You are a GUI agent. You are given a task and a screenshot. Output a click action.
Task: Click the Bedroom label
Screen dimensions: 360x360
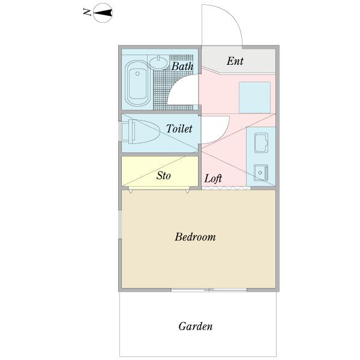(195, 237)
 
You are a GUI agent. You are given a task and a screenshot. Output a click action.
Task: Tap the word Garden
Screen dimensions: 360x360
(196, 326)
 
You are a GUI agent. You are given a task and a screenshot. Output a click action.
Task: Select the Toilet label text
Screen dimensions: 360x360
(179, 128)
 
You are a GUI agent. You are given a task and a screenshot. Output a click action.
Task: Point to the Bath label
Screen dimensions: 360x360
(182, 67)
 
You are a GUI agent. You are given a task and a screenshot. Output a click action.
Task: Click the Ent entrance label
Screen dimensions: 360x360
(235, 61)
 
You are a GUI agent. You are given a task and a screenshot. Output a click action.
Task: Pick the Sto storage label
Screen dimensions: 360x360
(164, 176)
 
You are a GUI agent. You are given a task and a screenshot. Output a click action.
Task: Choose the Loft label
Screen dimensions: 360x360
(213, 179)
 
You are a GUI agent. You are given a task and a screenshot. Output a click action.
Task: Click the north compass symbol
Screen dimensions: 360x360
(103, 13)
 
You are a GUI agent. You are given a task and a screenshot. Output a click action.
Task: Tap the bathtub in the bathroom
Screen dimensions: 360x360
(138, 83)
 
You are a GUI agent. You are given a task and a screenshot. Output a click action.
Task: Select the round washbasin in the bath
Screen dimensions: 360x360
(158, 62)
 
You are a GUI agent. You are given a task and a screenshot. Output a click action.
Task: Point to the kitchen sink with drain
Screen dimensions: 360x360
(261, 173)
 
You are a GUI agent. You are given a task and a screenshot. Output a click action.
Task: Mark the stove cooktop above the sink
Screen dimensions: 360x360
(261, 143)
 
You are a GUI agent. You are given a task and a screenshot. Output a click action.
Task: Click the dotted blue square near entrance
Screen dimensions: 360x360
(254, 98)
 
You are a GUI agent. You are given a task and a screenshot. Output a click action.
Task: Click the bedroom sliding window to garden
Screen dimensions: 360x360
(209, 290)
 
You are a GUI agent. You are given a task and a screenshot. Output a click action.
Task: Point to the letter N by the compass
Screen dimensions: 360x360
(87, 12)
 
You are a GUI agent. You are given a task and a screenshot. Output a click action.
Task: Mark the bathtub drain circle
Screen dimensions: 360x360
(137, 73)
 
